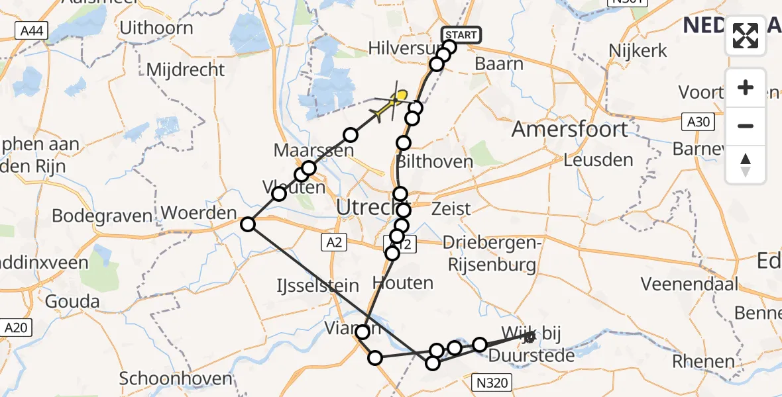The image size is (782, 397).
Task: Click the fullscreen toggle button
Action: tap(746, 36)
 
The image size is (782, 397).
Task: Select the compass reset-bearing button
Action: tap(746, 164)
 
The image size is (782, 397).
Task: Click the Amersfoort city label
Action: tap(570, 129)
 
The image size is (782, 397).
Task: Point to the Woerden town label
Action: tap(199, 214)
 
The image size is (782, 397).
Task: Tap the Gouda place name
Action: tap(72, 302)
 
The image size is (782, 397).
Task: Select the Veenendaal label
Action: tap(689, 284)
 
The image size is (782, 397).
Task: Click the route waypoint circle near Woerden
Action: tap(247, 224)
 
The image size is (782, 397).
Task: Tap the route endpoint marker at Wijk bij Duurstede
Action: tap(529, 337)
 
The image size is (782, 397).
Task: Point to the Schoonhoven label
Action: tap(176, 378)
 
